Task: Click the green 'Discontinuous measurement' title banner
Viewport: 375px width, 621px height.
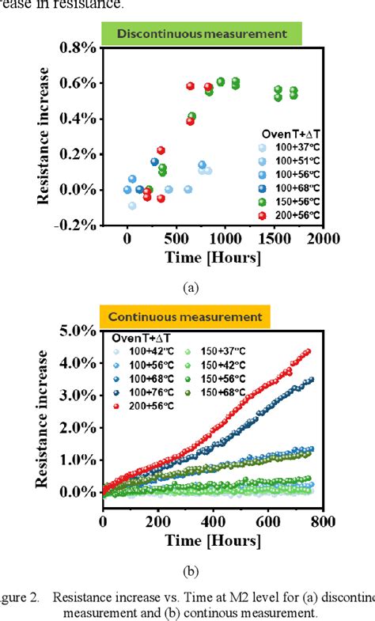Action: (202, 33)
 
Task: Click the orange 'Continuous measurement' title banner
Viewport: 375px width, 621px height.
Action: (184, 316)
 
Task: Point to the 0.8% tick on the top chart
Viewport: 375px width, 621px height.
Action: (75, 47)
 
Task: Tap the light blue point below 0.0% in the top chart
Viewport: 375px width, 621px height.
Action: (132, 206)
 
